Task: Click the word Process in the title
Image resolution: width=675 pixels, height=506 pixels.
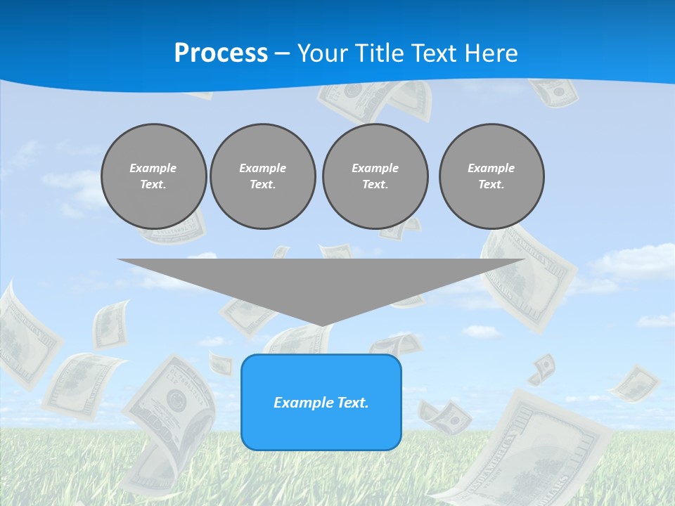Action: (x=221, y=53)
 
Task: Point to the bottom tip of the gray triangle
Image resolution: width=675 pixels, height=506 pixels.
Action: (x=321, y=325)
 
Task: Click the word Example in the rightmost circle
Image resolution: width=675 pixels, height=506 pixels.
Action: (x=491, y=168)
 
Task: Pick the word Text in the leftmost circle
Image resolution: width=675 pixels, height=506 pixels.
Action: (x=153, y=185)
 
